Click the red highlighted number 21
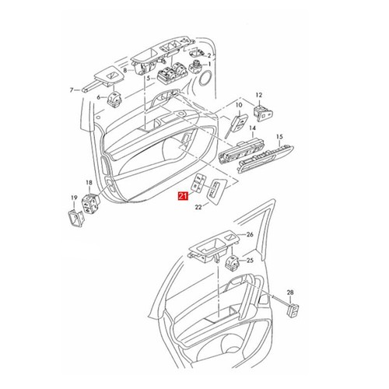pyautogui.click(x=182, y=198)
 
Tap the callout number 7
pyautogui.click(x=70, y=90)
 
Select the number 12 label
pyautogui.click(x=258, y=93)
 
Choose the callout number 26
pyautogui.click(x=250, y=234)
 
